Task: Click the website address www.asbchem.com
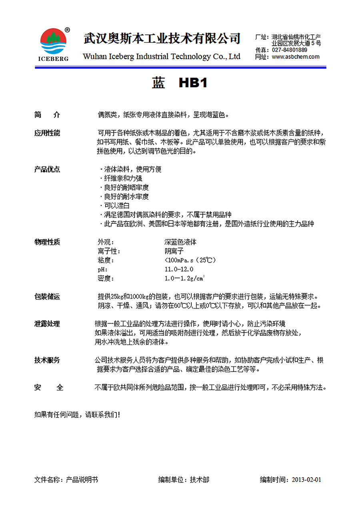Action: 296,57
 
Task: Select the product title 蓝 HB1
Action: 180,83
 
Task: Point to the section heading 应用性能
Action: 47,133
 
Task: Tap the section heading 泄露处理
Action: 47,324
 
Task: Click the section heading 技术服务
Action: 47,360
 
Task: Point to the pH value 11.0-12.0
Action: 179,269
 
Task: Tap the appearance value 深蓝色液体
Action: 180,242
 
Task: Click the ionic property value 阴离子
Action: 174,251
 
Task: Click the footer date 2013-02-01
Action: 307,480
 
